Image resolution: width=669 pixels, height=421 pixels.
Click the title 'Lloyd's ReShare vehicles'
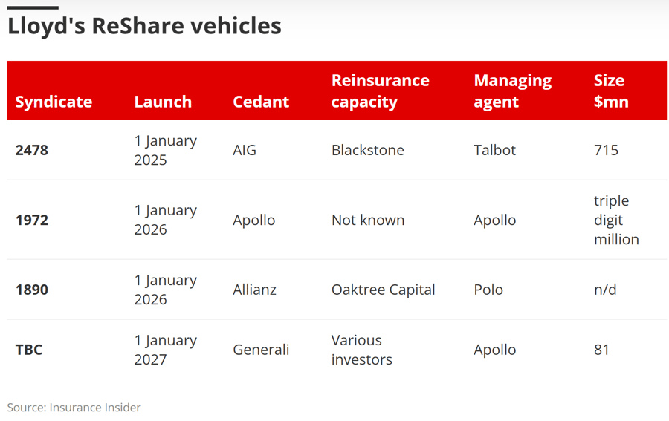coord(144,27)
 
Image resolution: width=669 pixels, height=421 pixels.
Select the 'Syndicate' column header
coord(54,102)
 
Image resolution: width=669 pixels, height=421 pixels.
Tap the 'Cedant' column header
coord(261,102)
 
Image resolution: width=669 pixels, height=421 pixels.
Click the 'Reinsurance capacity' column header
coord(381,91)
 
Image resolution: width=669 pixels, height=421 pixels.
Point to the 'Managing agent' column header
coord(513,91)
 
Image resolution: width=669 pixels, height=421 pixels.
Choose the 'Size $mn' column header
coord(611,91)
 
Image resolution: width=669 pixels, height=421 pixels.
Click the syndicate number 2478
coord(31,151)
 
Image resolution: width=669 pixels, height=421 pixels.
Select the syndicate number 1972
coord(31,221)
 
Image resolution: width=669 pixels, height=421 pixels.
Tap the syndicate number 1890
coord(31,290)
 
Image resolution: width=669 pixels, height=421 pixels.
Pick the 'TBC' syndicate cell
coord(29,350)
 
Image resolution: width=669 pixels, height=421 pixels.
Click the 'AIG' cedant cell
coord(245,151)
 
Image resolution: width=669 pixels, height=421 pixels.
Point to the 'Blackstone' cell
coord(368,151)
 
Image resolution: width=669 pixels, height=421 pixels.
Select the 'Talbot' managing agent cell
coord(495,151)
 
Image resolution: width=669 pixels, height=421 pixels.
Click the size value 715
coord(606,151)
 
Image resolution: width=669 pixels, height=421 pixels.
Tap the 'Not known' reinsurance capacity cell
coord(368,221)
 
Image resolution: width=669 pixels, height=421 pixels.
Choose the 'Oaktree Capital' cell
coord(383,290)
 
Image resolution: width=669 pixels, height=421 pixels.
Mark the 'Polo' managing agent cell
coord(488,290)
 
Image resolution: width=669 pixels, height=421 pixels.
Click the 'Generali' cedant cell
coord(261,350)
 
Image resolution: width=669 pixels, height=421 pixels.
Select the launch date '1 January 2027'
coord(166,350)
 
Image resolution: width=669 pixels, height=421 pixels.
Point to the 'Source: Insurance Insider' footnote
coord(74,408)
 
